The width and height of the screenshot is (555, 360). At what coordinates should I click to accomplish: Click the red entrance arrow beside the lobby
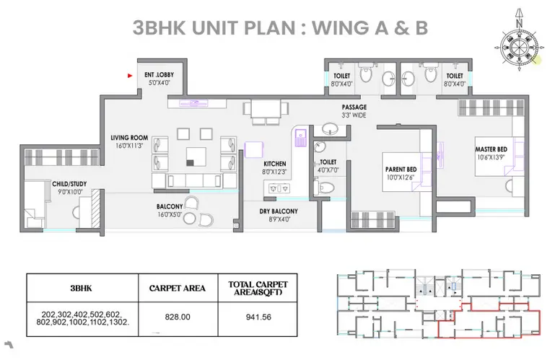pyautogui.click(x=130, y=76)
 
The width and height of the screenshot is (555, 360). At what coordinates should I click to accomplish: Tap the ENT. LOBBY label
pyautogui.click(x=159, y=75)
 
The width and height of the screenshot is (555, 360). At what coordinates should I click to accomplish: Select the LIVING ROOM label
pyautogui.click(x=129, y=138)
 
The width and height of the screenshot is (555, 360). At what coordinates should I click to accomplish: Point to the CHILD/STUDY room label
pyautogui.click(x=69, y=184)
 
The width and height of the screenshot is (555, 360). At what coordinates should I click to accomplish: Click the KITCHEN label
pyautogui.click(x=275, y=164)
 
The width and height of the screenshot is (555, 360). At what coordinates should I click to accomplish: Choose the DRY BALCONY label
pyautogui.click(x=279, y=211)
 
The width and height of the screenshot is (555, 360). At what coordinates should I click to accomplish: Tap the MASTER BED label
pyautogui.click(x=491, y=149)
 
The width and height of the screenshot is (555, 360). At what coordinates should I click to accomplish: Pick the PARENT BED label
pyautogui.click(x=401, y=170)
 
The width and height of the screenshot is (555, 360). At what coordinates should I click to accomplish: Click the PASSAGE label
pyautogui.click(x=354, y=107)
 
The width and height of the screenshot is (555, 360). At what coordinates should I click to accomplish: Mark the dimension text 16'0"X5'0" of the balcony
pyautogui.click(x=170, y=214)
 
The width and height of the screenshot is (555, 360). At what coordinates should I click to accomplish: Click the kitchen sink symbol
pyautogui.click(x=300, y=138)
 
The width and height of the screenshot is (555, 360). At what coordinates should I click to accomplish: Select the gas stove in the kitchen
pyautogui.click(x=279, y=188)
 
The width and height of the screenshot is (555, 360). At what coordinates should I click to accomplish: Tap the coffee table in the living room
pyautogui.click(x=196, y=157)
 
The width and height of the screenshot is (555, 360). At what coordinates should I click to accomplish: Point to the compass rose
pyautogui.click(x=519, y=46)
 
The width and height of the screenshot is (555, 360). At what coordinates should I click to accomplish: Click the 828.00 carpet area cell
pyautogui.click(x=178, y=317)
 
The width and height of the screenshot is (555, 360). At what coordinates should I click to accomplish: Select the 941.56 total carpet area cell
pyautogui.click(x=258, y=317)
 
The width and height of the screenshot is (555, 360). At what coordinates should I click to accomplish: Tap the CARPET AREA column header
pyautogui.click(x=177, y=288)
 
